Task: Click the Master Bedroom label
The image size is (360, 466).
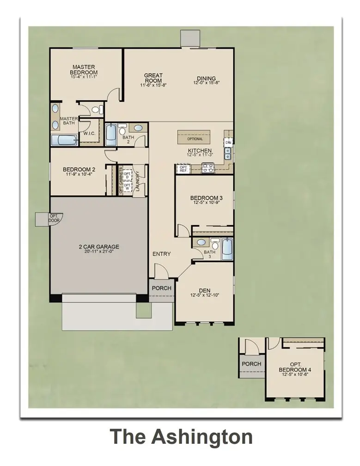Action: pos(84,70)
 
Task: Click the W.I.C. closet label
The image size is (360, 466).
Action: pos(89,134)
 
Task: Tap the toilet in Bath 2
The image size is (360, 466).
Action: pos(122,128)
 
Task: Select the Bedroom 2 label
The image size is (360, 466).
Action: pos(79,170)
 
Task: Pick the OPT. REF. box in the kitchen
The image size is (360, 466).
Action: pos(183,169)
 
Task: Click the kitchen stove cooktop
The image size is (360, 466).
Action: pos(207,170)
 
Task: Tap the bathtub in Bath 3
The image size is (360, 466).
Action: pos(226,250)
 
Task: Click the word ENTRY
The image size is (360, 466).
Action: pos(162,254)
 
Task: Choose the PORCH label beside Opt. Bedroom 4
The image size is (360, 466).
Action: pos(251,364)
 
